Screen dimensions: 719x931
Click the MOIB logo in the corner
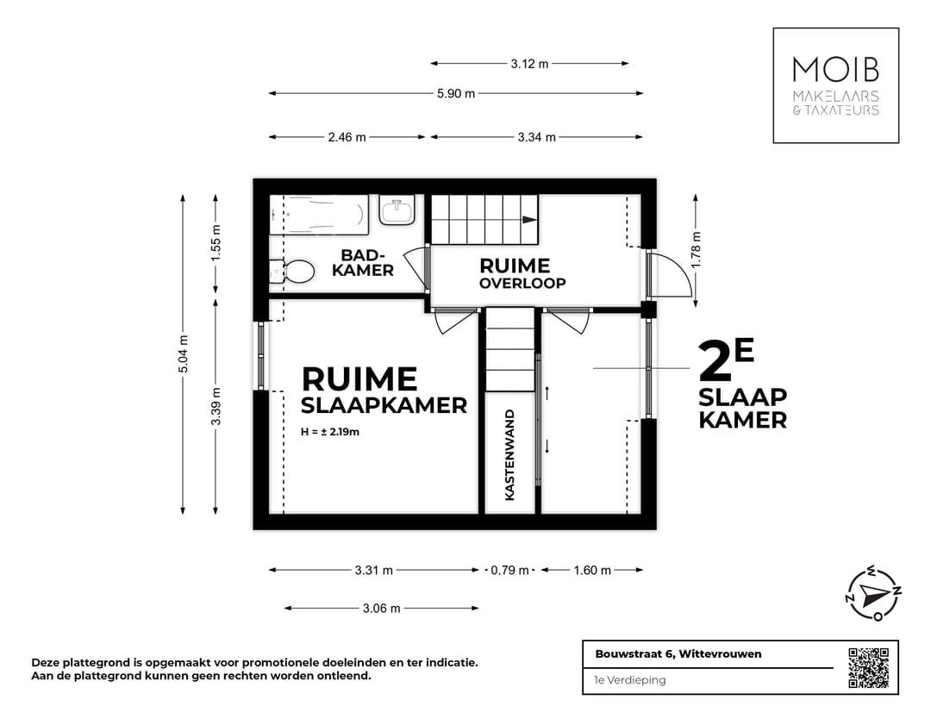point(835,84)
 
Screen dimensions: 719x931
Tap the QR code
point(868,666)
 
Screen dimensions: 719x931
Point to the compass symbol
point(873,593)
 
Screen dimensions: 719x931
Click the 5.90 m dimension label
point(456,93)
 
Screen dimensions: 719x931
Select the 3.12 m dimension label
point(529,63)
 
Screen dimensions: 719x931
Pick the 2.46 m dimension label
point(347,137)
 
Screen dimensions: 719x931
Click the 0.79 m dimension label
point(511,570)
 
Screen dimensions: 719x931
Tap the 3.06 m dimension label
point(381,608)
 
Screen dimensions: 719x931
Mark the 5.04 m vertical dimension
point(183,353)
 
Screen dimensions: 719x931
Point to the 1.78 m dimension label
point(697,248)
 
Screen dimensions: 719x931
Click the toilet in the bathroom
point(292,272)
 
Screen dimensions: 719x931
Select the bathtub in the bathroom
point(319,214)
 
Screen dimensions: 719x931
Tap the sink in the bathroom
point(397,209)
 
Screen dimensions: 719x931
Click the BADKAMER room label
point(367,263)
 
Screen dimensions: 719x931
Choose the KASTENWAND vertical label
point(509,455)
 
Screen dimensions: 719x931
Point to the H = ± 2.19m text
point(330,431)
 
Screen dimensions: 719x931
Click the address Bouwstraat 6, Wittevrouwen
point(678,653)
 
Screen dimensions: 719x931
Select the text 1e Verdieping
point(630,679)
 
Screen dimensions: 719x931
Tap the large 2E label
point(727,361)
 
